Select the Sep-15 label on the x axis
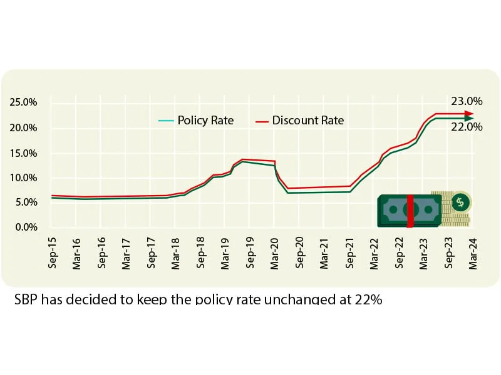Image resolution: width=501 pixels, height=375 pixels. (52, 253)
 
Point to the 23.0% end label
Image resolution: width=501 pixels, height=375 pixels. (467, 101)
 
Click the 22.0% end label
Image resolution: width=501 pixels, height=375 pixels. (467, 127)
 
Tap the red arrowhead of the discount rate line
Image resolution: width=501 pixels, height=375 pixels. (468, 114)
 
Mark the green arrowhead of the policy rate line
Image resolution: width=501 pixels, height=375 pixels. (468, 117)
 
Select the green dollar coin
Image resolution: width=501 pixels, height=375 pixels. (461, 202)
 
